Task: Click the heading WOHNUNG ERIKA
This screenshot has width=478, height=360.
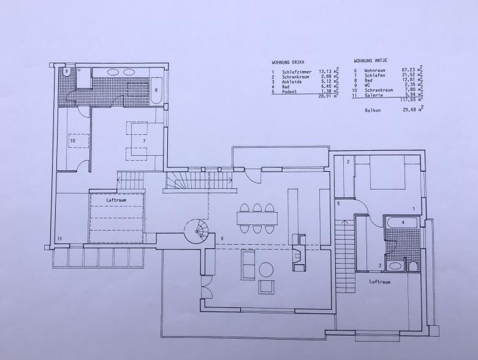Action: tap(288, 62)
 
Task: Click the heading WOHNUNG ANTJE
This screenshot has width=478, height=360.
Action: tap(370, 61)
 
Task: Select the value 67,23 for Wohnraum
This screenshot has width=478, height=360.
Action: tap(409, 70)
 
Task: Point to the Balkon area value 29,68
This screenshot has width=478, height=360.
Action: tap(409, 110)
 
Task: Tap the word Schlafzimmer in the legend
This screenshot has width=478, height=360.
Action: tap(297, 72)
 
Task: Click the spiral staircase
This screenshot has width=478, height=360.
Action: tap(197, 231)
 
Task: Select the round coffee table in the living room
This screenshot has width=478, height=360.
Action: tap(266, 270)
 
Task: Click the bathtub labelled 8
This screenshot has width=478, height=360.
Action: tap(156, 91)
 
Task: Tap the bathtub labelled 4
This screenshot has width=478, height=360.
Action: tap(401, 223)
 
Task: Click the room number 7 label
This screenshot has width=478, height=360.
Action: tap(144, 140)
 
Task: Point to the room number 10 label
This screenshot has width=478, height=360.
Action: tap(72, 140)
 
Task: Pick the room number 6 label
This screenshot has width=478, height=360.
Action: tap(222, 239)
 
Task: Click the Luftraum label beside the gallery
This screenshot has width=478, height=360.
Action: tap(116, 200)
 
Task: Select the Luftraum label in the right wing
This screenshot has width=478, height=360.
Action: tap(379, 281)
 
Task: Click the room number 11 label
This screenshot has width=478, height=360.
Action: tap(60, 239)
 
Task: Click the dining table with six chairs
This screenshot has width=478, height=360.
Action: tap(257, 218)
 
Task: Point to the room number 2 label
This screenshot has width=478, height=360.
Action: tap(348, 162)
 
